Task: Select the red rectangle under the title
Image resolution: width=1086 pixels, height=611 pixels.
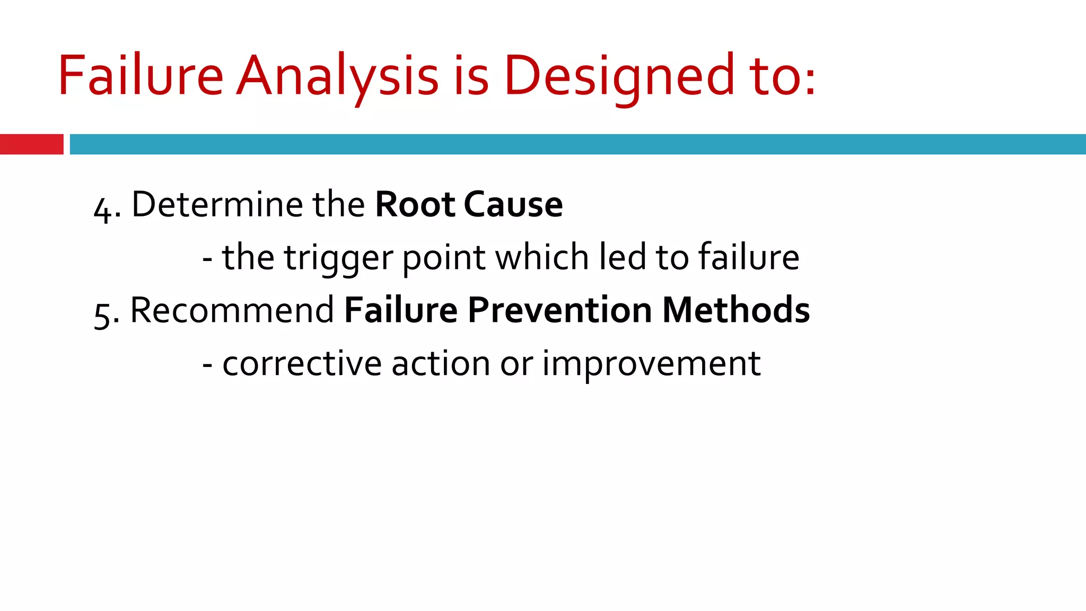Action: (x=31, y=144)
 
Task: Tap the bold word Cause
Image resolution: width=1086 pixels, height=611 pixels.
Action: (x=513, y=204)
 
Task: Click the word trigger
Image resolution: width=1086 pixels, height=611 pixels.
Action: (x=338, y=258)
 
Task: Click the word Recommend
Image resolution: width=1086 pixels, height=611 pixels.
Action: (x=232, y=310)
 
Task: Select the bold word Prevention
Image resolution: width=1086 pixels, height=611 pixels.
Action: (x=559, y=310)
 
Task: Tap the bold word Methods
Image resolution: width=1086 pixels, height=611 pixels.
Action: (x=736, y=310)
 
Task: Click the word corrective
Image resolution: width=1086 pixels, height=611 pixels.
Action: (x=302, y=364)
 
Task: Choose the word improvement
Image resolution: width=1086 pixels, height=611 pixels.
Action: (x=651, y=364)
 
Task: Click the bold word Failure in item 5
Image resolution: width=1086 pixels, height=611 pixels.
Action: (x=401, y=310)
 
